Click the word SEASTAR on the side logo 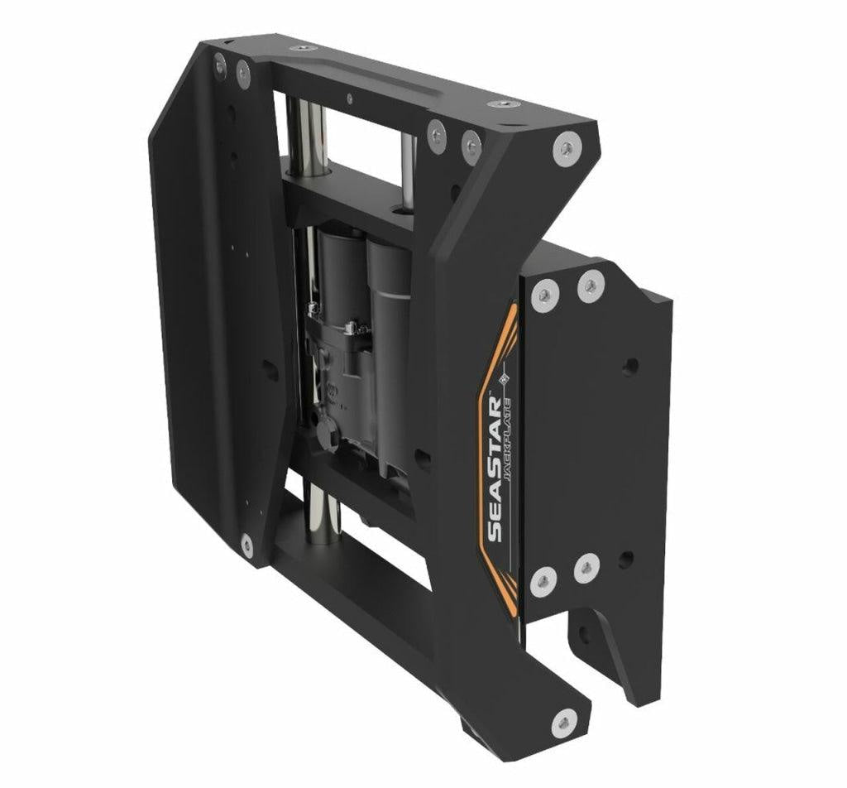(495, 469)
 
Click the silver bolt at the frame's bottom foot (564, 722)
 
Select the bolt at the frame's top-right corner (566, 147)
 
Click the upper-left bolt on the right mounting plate (544, 295)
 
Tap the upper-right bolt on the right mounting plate (591, 285)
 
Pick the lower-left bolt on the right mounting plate (543, 581)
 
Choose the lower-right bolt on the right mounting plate (587, 567)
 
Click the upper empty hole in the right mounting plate (629, 368)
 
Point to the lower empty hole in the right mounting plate (627, 560)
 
